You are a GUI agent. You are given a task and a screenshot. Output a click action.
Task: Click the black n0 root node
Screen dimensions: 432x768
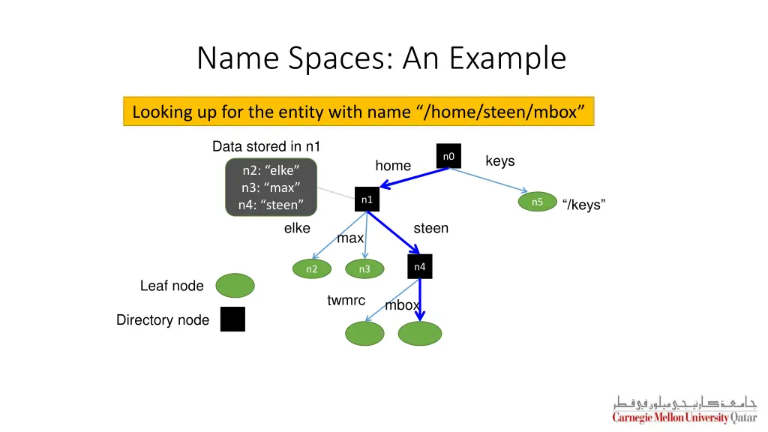click(x=448, y=156)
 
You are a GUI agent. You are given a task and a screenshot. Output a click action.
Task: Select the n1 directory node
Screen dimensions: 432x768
click(x=367, y=199)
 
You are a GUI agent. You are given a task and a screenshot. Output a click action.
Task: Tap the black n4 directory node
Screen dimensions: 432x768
click(x=420, y=267)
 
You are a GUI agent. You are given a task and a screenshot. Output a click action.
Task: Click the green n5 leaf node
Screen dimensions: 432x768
click(x=537, y=202)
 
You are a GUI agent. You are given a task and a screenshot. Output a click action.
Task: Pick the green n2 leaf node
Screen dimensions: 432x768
click(x=311, y=269)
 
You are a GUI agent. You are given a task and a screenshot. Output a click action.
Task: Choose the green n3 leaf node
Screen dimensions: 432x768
click(x=364, y=269)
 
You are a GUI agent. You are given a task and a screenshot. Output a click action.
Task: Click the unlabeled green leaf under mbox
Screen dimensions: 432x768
click(x=420, y=334)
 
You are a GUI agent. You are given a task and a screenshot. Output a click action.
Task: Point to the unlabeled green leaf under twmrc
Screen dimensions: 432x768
click(x=364, y=334)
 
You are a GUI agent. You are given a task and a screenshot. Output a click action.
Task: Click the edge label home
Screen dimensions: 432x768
click(x=393, y=166)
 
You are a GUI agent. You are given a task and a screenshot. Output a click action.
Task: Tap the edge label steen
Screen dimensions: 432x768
click(x=431, y=228)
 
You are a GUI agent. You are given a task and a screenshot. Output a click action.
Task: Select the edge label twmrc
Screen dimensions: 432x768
click(x=346, y=301)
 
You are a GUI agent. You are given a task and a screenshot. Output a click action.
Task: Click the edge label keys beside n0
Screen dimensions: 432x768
click(x=500, y=161)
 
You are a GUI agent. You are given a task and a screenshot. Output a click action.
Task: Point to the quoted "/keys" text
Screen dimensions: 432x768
click(x=583, y=205)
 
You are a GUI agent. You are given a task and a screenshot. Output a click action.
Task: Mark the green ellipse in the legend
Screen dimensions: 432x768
click(x=235, y=286)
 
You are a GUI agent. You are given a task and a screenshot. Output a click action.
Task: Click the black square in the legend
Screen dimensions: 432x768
click(x=232, y=319)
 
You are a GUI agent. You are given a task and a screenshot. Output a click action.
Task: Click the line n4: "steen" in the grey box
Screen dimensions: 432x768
click(x=271, y=205)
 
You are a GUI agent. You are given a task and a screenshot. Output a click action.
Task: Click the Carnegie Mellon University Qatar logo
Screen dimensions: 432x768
click(x=684, y=409)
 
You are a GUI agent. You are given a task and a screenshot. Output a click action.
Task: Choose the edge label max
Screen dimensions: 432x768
click(x=350, y=238)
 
